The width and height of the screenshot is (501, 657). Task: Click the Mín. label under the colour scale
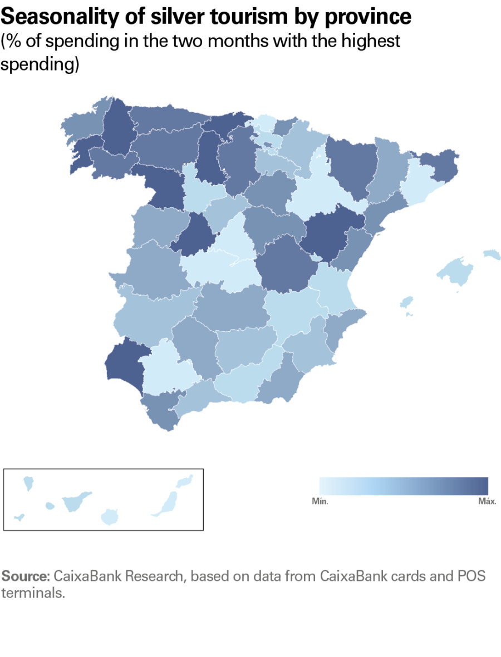pyautogui.click(x=320, y=501)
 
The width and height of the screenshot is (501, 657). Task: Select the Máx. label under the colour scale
pyautogui.click(x=487, y=501)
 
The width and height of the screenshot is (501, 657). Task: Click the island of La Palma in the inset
pyautogui.click(x=27, y=482)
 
